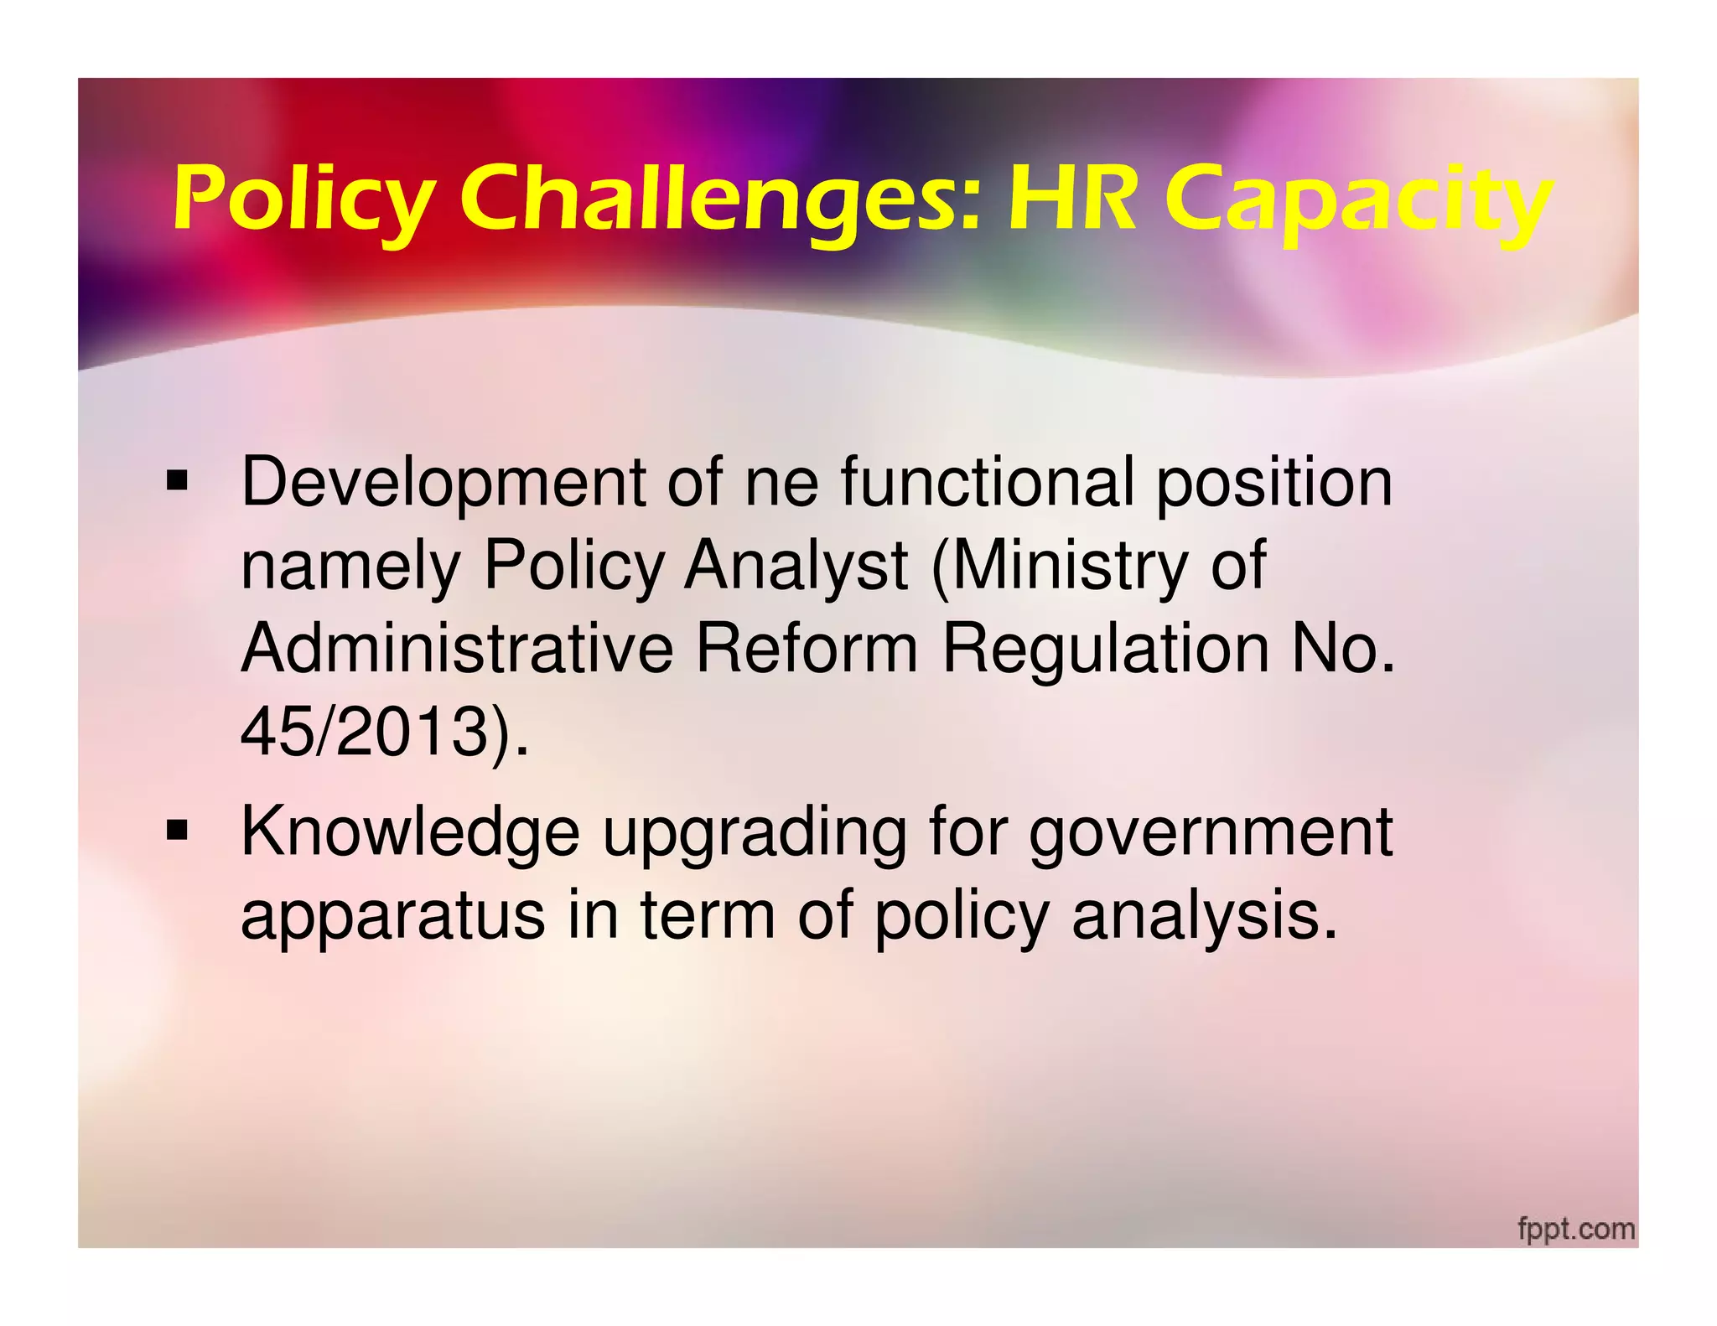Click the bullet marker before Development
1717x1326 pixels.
177,482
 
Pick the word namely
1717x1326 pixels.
350,567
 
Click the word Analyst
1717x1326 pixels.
796,566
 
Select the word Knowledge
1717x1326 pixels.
410,832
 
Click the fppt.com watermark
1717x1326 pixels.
1576,1229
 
